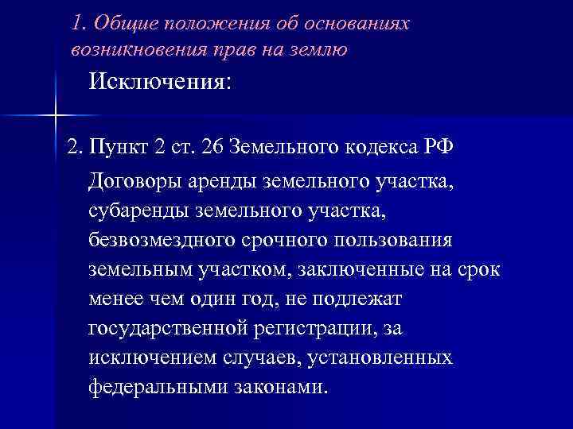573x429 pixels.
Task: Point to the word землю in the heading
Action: tap(320, 49)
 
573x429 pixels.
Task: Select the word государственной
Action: tap(178, 328)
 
